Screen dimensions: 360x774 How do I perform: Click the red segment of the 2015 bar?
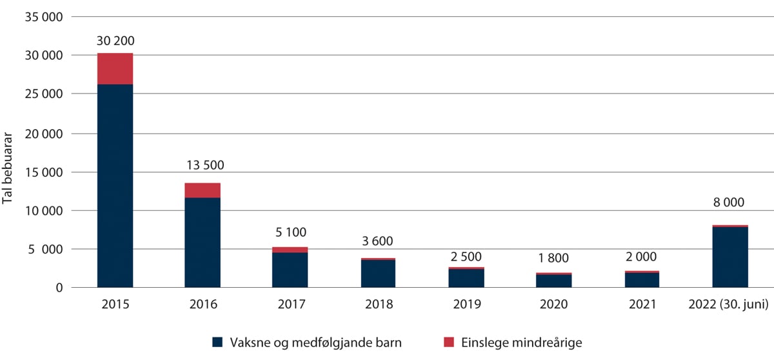[x=115, y=68]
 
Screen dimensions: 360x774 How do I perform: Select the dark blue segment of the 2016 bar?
[x=203, y=242]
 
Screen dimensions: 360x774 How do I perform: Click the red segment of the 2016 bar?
[x=203, y=190]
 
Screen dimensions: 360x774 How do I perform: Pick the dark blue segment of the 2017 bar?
[x=290, y=270]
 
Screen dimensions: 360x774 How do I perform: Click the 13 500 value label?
[x=203, y=165]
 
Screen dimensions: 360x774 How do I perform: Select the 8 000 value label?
[x=729, y=202]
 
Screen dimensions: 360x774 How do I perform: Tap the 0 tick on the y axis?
[x=59, y=288]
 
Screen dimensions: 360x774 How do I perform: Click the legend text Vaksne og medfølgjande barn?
[x=315, y=341]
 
